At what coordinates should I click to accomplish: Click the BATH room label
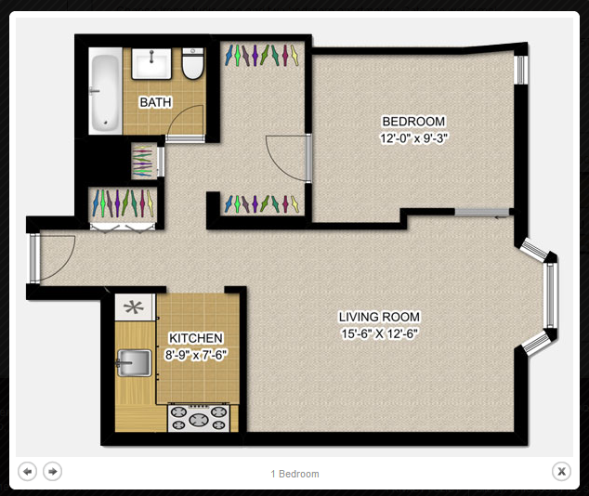point(155,102)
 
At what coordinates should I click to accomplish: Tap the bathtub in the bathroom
point(105,91)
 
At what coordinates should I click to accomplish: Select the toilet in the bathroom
point(192,63)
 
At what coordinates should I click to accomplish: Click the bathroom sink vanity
point(151,63)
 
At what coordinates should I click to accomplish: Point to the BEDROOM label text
point(413,122)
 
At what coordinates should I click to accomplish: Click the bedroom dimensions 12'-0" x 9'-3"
point(413,138)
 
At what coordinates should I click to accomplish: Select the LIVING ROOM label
point(379,317)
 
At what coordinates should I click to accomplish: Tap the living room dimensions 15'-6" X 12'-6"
point(379,333)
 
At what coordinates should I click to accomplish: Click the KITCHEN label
point(196,338)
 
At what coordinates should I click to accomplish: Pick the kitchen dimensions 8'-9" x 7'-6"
point(196,355)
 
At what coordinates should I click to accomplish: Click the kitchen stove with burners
point(199,418)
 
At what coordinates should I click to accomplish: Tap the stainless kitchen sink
point(134,362)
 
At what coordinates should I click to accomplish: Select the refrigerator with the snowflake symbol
point(135,307)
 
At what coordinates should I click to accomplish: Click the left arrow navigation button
point(28,471)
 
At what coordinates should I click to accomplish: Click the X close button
point(561,471)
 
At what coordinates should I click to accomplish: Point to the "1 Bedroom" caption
point(294,474)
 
